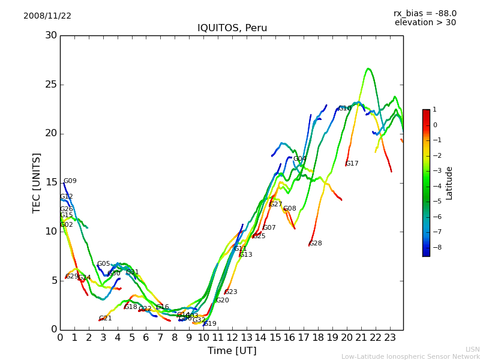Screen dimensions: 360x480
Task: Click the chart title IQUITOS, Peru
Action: point(232,28)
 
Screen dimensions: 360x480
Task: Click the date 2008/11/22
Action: point(47,16)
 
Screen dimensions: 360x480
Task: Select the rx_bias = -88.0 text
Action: point(425,13)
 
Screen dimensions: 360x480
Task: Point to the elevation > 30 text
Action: point(425,23)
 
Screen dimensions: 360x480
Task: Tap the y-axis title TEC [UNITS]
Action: point(37,182)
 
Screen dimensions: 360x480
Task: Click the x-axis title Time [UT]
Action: point(232,351)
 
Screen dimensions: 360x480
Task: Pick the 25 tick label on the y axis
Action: point(52,85)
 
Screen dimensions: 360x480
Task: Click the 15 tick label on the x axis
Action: point(275,338)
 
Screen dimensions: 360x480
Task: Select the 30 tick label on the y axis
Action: point(52,35)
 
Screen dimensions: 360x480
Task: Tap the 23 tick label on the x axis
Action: point(390,338)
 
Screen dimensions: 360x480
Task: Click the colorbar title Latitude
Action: point(449,183)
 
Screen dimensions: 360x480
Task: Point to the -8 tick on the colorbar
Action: point(435,247)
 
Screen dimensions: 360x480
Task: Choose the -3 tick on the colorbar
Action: point(435,170)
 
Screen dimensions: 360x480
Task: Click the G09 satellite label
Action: point(70,181)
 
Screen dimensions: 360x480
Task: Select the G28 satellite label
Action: point(316,244)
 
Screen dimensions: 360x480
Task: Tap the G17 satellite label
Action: point(352,164)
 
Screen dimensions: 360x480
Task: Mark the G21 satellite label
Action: point(106,319)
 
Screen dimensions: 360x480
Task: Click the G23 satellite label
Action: point(231,292)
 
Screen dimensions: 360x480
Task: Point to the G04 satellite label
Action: point(300,159)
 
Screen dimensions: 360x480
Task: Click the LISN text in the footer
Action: point(472,349)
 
